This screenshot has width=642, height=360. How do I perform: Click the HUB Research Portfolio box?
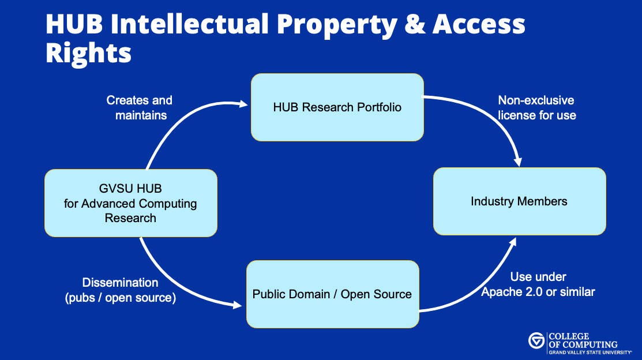pos(337,107)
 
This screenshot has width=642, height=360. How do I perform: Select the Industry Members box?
pos(519,201)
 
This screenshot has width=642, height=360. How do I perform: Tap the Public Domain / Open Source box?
pos(332,294)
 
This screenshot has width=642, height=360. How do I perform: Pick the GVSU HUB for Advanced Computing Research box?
pos(131,203)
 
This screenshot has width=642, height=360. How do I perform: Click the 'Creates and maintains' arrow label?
pos(140,108)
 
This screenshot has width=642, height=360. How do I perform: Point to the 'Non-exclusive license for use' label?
pos(536,108)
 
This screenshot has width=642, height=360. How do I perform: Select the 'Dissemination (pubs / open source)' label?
pos(120,290)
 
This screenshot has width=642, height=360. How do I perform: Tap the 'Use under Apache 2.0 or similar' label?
pos(538,284)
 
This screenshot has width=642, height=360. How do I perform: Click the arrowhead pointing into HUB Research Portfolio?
pos(243,104)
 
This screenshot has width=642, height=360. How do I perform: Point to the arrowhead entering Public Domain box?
pos(239,305)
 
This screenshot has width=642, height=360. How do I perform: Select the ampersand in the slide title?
pos(411,24)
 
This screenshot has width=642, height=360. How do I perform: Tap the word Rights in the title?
pos(88,53)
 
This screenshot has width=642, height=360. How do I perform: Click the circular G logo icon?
pos(536,341)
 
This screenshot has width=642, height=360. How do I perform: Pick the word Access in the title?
pos(478,24)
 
